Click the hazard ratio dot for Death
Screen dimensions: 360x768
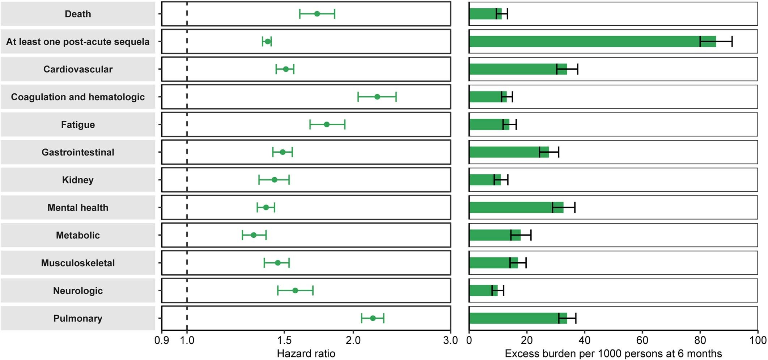pos(317,14)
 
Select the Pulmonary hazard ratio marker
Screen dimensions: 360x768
pos(373,318)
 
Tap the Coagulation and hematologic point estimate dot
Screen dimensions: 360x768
pos(377,97)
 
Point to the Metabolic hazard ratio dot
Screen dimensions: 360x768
pos(254,235)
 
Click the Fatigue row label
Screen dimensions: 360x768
pos(78,125)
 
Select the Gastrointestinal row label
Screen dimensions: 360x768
pos(78,152)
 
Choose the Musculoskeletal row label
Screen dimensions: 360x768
pos(78,263)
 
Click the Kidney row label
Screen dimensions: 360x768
pos(78,180)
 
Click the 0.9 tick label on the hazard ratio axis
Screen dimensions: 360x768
pos(162,340)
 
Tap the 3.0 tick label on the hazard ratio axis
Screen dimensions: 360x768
pos(450,340)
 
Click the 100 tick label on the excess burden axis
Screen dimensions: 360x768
pos(758,340)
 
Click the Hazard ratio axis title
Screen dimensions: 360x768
pos(306,353)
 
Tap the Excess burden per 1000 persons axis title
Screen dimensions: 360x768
pos(613,353)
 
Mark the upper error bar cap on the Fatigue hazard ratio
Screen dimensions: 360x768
pos(345,124)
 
